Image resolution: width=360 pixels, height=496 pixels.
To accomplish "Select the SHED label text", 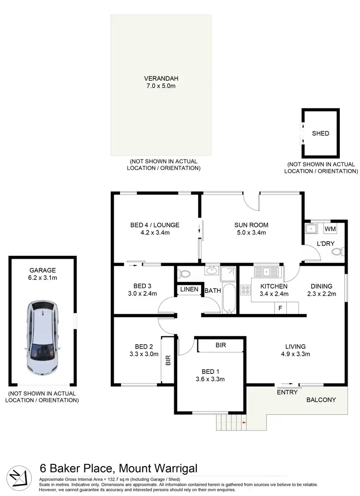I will tap(321, 133).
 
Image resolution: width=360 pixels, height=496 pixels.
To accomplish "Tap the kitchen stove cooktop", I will tap(246, 290).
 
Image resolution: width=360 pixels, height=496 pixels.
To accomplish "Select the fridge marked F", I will tap(280, 308).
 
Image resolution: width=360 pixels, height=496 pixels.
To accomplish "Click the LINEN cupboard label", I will tap(188, 290).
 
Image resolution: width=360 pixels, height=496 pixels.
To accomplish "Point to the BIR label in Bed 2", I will tap(168, 360).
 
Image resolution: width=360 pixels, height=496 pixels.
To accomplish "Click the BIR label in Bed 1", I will tap(221, 345).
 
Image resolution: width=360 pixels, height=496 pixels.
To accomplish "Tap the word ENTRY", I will tap(288, 392).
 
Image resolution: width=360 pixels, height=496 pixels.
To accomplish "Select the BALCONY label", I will tap(322, 400).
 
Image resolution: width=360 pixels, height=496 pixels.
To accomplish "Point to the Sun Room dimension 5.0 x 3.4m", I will tap(251, 232).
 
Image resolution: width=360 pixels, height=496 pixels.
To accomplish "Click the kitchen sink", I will tap(267, 271).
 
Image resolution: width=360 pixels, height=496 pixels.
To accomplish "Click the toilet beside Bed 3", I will tap(184, 274).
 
